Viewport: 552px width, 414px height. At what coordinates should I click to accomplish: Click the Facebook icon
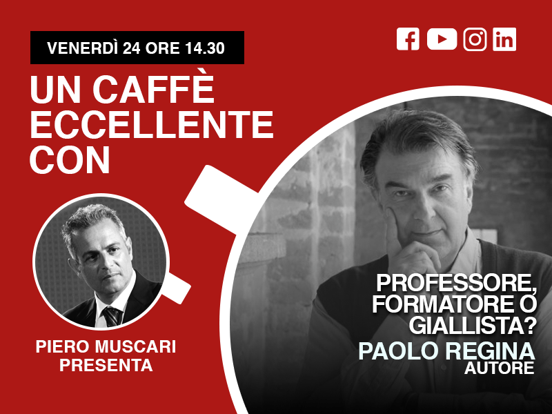pyautogui.click(x=408, y=39)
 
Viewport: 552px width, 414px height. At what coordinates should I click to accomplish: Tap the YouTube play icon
pyautogui.click(x=442, y=39)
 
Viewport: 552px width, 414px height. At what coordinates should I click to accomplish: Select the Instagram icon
pyautogui.click(x=475, y=39)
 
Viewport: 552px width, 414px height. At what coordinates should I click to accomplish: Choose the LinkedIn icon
pyautogui.click(x=504, y=39)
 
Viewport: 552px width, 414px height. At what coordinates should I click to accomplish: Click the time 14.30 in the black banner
pyautogui.click(x=204, y=48)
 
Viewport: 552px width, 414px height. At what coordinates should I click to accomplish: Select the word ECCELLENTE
pyautogui.click(x=152, y=124)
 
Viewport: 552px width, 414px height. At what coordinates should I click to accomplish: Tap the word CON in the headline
pyautogui.click(x=70, y=160)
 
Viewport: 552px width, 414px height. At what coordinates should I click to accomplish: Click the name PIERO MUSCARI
pyautogui.click(x=106, y=347)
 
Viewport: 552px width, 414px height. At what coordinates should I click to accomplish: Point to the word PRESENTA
pyautogui.click(x=106, y=365)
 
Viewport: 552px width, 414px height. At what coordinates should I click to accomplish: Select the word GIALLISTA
pyautogui.click(x=466, y=326)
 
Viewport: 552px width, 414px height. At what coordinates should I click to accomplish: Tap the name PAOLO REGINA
pyautogui.click(x=446, y=351)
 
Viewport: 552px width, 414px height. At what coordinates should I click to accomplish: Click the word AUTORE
pyautogui.click(x=499, y=368)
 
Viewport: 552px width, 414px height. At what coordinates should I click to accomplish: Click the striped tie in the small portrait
pyautogui.click(x=112, y=316)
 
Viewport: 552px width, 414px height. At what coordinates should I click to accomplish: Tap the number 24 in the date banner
pyautogui.click(x=132, y=48)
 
